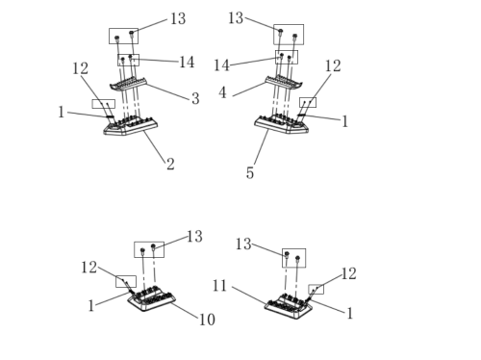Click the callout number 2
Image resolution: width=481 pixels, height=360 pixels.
[170, 165]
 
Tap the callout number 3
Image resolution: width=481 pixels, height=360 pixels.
[195, 98]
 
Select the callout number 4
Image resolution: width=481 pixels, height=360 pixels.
[222, 92]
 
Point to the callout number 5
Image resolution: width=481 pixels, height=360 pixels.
[250, 173]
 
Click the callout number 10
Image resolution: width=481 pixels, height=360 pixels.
[207, 320]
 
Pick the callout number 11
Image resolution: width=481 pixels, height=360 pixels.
[219, 286]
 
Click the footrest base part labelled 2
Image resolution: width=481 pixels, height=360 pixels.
[131, 126]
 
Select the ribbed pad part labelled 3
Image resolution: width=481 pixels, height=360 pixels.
[128, 84]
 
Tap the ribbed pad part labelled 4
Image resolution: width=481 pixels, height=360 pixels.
[284, 82]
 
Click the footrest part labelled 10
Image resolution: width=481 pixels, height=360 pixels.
[151, 299]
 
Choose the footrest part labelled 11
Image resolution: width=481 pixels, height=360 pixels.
[288, 307]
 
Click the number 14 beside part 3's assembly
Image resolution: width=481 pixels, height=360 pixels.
[187, 63]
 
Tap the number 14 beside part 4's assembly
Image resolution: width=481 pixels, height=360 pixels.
[221, 65]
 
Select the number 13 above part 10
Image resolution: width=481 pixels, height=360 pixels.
[194, 237]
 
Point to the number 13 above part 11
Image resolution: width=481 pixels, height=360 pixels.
[243, 244]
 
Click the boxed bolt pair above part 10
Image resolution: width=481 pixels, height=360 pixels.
[149, 249]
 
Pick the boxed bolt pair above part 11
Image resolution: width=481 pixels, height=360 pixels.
[293, 258]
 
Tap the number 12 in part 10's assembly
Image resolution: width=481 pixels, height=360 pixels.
[89, 268]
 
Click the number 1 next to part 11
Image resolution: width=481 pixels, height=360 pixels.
[350, 313]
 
